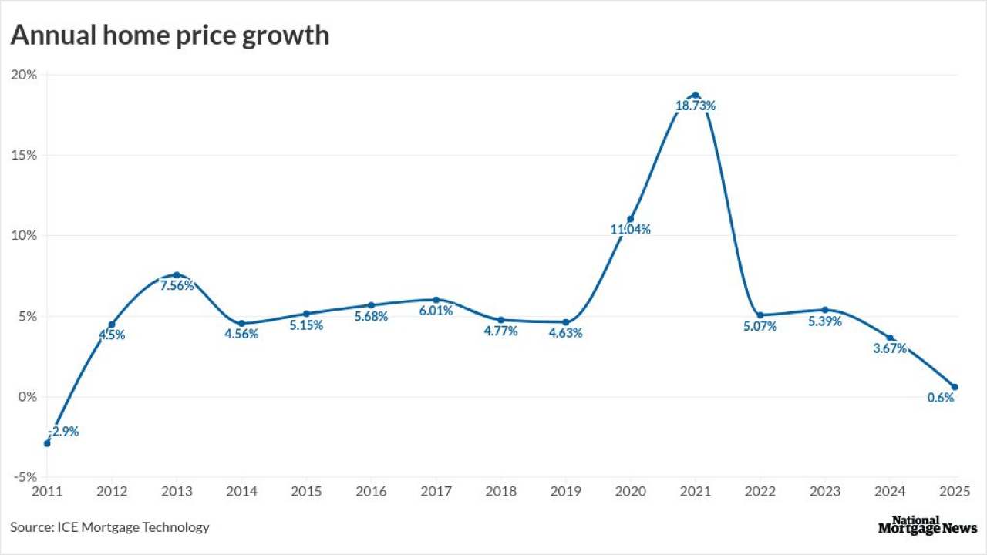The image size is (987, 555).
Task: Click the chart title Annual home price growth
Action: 170,35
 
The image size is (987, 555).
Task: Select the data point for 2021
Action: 695,95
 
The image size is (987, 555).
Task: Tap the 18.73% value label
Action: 696,106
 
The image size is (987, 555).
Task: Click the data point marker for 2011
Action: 47,443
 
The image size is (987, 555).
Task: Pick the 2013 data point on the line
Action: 177,275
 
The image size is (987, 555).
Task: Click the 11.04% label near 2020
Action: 631,230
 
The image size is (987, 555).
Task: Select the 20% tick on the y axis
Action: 23,75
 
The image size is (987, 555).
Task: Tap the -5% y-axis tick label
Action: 23,477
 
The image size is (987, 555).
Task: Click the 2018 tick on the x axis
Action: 500,491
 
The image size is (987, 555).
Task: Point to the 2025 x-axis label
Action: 953,491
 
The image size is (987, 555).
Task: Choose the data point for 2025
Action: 955,387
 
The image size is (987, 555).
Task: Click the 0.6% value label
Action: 941,399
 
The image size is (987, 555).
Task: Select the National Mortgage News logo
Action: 928,526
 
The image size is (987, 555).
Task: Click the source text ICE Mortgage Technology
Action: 109,527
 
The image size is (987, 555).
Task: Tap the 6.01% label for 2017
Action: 436,311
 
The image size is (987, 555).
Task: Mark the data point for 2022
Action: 760,315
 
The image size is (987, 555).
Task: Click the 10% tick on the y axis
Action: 23,236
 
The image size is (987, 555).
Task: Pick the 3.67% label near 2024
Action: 890,349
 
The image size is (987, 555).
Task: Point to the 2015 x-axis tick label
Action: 306,491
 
